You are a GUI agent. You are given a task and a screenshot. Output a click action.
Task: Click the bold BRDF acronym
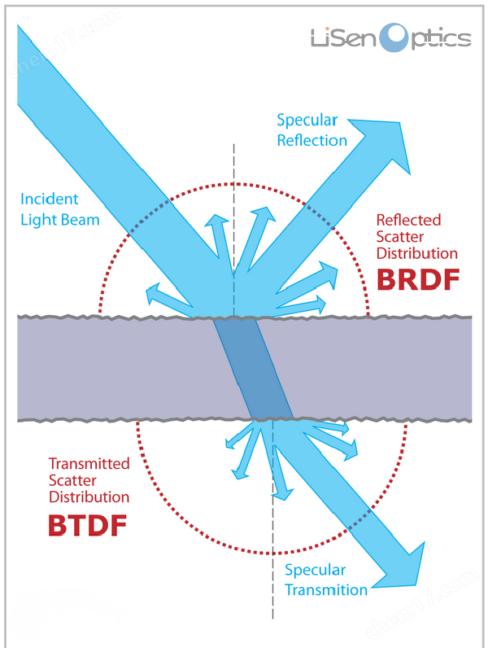click(418, 280)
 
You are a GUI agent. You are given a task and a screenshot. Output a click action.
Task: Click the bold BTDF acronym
click(88, 524)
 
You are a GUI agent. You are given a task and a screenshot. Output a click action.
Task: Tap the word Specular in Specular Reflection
click(307, 120)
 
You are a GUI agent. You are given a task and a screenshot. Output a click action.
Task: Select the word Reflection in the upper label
click(312, 140)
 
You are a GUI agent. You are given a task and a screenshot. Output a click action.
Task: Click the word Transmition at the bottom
click(327, 589)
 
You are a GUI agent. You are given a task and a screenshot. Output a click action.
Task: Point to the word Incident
click(50, 199)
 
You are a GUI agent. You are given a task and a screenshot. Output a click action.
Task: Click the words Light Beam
click(60, 219)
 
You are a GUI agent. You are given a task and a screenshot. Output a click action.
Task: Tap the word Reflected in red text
click(408, 220)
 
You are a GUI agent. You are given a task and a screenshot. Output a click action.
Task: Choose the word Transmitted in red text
click(89, 463)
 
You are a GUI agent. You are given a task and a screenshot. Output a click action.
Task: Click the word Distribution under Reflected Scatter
click(417, 253)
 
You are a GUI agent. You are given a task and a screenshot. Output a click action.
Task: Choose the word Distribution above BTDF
click(89, 497)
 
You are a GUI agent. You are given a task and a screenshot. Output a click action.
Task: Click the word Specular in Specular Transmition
click(316, 570)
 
